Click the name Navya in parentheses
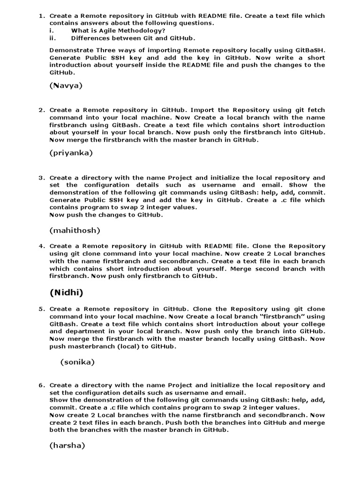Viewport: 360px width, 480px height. [66, 85]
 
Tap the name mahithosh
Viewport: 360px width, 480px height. [75, 230]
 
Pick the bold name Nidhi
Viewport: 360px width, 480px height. [66, 293]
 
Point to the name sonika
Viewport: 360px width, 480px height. [77, 362]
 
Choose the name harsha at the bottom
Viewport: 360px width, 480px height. [67, 446]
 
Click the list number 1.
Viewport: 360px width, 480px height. [41, 16]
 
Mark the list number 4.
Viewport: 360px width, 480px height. [41, 246]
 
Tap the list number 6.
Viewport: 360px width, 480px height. [41, 385]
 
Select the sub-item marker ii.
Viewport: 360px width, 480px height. [52, 38]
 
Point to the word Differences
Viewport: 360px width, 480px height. [93, 38]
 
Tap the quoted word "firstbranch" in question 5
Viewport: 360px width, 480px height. [283, 316]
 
